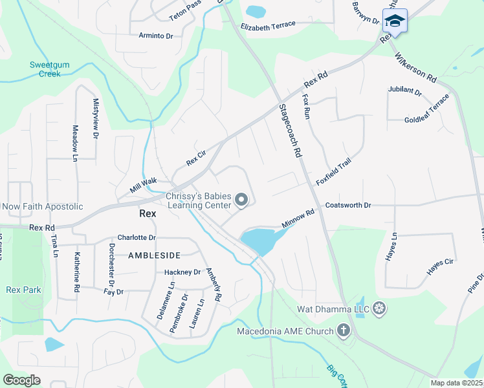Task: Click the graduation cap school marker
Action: [394, 21]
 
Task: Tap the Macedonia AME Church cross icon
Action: [343, 332]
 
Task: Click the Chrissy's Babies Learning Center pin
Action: [242, 200]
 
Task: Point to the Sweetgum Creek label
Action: [45, 69]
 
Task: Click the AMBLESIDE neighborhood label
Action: [154, 255]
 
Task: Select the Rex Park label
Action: [23, 290]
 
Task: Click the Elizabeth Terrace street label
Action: [268, 25]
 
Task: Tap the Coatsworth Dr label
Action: [348, 205]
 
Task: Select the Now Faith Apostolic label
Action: [43, 206]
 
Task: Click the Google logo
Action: [21, 380]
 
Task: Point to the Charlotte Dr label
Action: [137, 238]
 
